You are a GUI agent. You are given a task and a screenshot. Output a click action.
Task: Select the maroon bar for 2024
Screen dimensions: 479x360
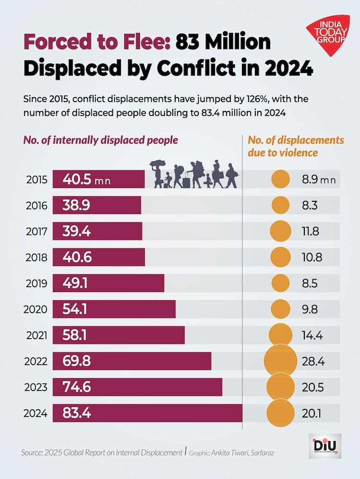[x=147, y=413]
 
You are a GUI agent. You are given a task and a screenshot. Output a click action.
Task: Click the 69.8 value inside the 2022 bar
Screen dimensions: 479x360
[x=76, y=361]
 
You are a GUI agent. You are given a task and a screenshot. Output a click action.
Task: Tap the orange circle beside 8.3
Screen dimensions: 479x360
[x=280, y=206]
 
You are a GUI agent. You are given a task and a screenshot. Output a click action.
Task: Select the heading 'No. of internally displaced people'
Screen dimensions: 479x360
[x=101, y=140]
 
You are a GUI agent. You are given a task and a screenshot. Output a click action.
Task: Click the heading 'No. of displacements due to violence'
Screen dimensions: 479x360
[x=295, y=147]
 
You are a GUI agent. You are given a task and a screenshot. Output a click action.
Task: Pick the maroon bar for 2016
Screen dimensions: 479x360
[x=97, y=206]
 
